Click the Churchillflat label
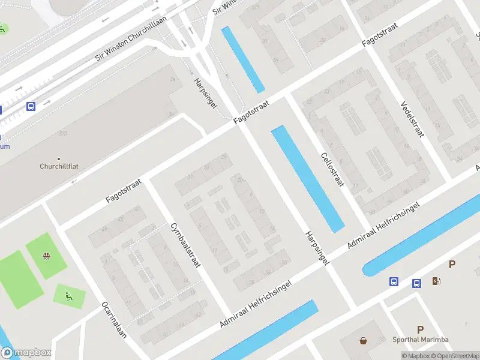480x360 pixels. click(x=59, y=167)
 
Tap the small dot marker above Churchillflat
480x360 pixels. click(x=59, y=158)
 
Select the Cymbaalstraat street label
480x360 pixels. click(x=184, y=254)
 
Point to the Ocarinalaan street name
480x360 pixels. click(x=113, y=320)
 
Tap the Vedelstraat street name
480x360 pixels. click(x=412, y=119)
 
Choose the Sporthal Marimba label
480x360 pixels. click(x=420, y=340)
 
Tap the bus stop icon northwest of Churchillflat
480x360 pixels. click(x=31, y=106)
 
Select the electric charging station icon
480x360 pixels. click(x=436, y=281)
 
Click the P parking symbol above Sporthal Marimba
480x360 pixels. click(x=420, y=329)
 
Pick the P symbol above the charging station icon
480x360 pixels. click(x=452, y=265)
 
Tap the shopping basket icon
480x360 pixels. click(x=364, y=341)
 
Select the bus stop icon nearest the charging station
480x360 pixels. click(x=416, y=283)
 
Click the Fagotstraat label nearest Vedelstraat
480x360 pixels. click(x=380, y=37)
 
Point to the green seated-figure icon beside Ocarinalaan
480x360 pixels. click(x=68, y=295)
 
